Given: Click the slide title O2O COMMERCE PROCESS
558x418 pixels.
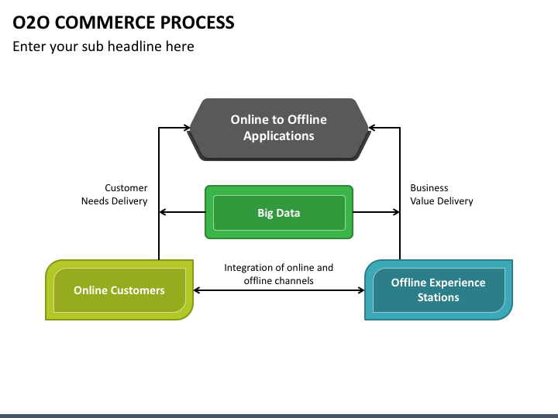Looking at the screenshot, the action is tap(123, 22).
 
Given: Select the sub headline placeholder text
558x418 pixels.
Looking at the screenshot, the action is tap(103, 46).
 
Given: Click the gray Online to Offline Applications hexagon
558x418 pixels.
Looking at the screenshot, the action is tap(279, 129).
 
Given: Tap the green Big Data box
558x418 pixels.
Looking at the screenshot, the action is tap(279, 212).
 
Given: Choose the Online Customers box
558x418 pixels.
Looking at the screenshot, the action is tap(119, 290).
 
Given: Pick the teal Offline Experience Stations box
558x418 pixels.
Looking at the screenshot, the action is tap(439, 290).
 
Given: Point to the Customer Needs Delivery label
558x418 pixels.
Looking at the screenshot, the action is tap(114, 194).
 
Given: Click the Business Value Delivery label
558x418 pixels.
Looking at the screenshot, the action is tap(442, 194).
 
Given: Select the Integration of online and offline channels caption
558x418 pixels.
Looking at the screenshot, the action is tap(279, 274).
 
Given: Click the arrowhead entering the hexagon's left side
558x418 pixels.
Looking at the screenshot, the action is tap(188, 128).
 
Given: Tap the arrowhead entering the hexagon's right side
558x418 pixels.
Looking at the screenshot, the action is tap(372, 128).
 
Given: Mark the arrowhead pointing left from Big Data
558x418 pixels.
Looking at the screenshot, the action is tap(163, 212).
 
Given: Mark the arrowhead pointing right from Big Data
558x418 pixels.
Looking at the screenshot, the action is tap(396, 212).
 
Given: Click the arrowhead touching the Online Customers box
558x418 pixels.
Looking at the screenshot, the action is tap(198, 290).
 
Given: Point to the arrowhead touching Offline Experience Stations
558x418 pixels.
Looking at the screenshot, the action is tap(360, 290).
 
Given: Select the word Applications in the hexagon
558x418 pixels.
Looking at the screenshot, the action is tap(279, 136).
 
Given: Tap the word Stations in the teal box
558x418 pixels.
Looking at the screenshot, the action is tap(439, 297).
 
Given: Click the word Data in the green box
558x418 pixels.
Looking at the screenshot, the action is tap(288, 213).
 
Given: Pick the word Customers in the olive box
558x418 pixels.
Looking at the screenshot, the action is tap(137, 290).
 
